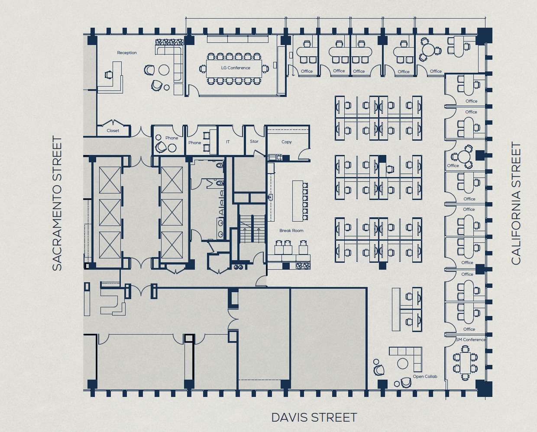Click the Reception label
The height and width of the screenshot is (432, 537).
[127, 53]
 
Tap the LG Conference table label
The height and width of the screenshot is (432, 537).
[236, 68]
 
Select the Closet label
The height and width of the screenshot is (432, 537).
[113, 130]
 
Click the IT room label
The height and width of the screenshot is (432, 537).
[228, 142]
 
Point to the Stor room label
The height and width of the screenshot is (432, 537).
[254, 142]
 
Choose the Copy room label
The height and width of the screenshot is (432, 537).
[286, 142]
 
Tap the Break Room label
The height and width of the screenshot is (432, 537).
[291, 230]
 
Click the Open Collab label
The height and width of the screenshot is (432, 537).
[425, 377]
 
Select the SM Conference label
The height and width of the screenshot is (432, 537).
[471, 339]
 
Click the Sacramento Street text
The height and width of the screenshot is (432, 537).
[57, 203]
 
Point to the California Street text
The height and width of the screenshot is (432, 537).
[516, 203]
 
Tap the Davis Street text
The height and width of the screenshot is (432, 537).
[314, 418]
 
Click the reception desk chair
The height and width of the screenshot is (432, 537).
[109, 74]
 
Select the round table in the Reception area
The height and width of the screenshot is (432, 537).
[164, 70]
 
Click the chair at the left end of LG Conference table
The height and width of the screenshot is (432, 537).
[202, 68]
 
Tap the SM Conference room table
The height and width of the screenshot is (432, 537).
[465, 363]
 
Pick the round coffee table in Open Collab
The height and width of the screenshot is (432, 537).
[402, 364]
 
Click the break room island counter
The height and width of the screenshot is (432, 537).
[298, 201]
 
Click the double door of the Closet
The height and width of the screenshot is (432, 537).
[113, 123]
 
